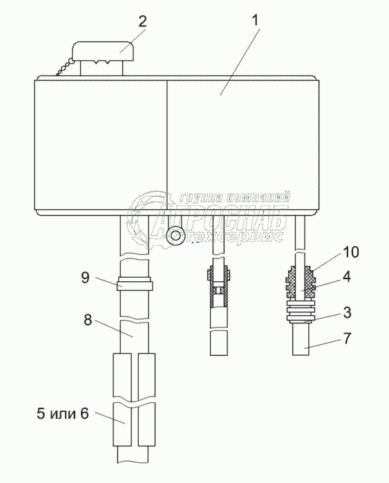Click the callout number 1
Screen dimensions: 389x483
point(255,20)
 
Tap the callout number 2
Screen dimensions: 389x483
point(142,21)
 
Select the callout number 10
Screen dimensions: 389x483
point(351,252)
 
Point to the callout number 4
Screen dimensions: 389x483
point(346,276)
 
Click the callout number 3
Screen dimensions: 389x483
point(347,312)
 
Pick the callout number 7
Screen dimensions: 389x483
point(347,338)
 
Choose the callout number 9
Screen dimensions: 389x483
point(85,277)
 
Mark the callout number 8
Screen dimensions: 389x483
point(88,320)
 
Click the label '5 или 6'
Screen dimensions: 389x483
point(62,413)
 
